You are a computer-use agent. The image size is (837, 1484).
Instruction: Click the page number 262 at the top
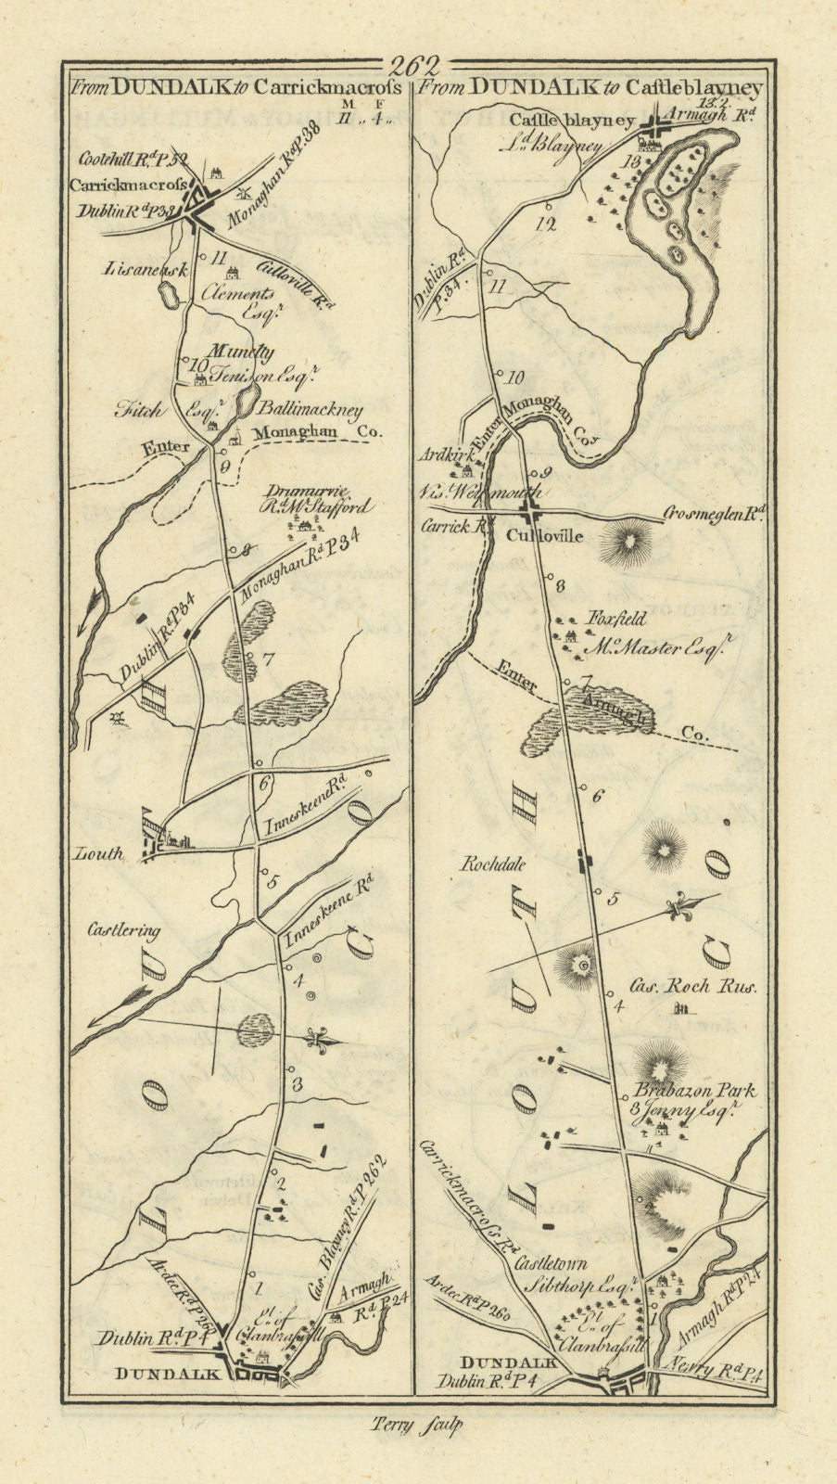[x=416, y=66]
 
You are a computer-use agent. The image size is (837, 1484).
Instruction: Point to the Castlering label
[x=126, y=930]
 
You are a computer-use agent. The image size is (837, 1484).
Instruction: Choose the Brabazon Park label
[x=687, y=1092]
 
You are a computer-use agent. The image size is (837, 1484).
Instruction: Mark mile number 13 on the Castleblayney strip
[x=633, y=160]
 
